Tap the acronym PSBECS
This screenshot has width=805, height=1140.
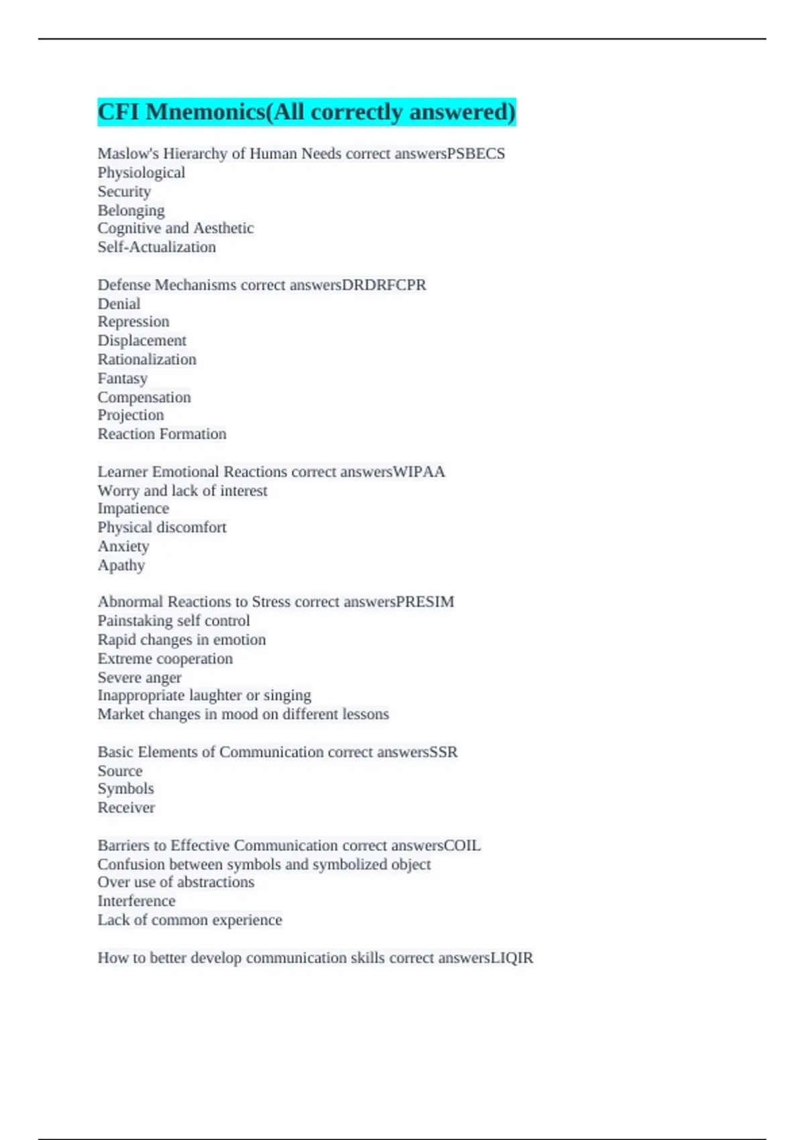click(x=476, y=154)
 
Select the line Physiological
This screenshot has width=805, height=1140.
click(x=142, y=173)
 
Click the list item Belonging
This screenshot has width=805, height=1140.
click(x=131, y=211)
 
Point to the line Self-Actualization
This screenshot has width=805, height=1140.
click(x=157, y=247)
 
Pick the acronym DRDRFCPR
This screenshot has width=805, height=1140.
click(x=384, y=285)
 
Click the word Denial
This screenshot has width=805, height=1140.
click(x=119, y=304)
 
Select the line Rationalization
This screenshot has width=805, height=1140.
click(x=147, y=359)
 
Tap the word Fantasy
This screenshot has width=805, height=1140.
click(x=123, y=379)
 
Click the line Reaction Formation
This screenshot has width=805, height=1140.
click(x=162, y=434)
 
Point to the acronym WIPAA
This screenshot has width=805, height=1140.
click(x=419, y=472)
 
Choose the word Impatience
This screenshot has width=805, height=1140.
click(x=133, y=509)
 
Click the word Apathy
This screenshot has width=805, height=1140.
click(x=121, y=565)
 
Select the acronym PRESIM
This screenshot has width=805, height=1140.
click(x=425, y=602)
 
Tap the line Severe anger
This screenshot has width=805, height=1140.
click(x=140, y=678)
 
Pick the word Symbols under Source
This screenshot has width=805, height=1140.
click(x=126, y=789)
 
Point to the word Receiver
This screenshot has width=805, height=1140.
click(x=126, y=808)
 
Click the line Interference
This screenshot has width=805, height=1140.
click(x=137, y=901)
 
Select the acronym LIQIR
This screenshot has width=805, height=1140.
click(x=513, y=958)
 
